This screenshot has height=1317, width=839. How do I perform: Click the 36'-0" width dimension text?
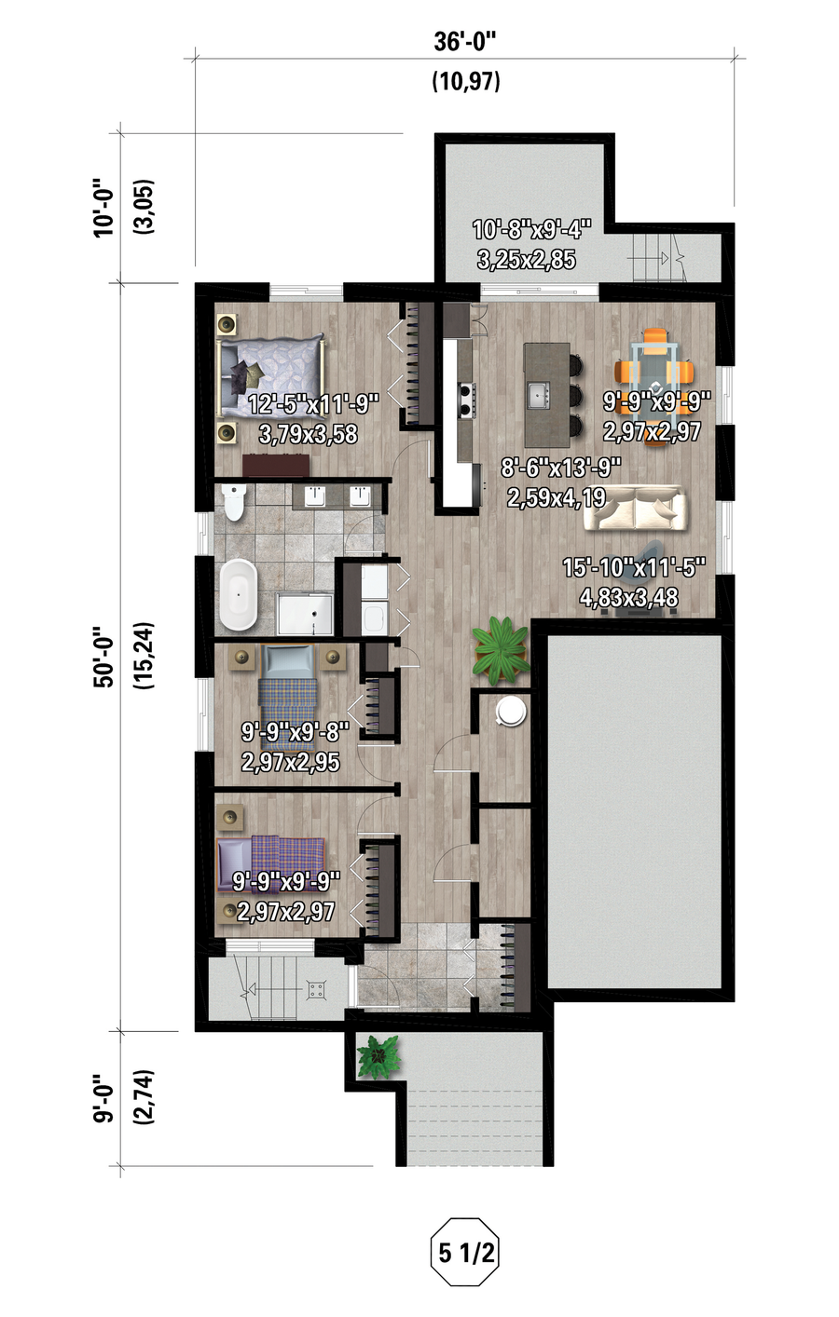click(465, 42)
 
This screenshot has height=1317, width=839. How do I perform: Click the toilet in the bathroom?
click(234, 503)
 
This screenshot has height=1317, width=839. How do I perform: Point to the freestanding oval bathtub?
click(239, 595)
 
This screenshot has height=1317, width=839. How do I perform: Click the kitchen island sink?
click(539, 395)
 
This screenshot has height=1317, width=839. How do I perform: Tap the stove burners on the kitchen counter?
click(467, 400)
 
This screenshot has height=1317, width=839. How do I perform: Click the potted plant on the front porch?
click(378, 1056)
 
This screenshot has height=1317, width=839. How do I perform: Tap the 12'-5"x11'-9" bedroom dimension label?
click(313, 404)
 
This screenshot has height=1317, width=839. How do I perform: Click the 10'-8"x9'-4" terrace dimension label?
click(531, 230)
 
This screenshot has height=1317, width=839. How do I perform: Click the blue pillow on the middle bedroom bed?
click(287, 662)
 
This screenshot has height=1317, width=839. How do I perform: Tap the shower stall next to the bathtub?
click(305, 615)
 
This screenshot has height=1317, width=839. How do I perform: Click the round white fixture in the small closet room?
click(510, 712)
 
